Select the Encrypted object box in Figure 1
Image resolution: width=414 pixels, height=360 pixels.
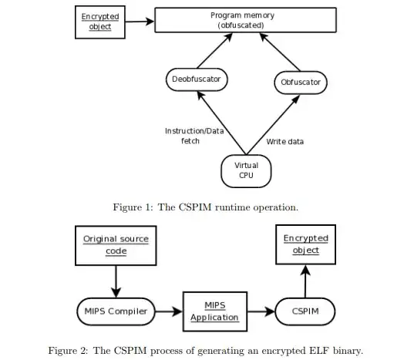[96, 22]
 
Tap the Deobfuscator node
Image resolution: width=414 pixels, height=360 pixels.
[197, 79]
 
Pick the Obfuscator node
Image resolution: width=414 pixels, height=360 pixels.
[299, 82]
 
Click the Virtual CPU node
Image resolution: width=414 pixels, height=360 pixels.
[246, 170]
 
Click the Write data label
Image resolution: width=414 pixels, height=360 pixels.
[285, 141]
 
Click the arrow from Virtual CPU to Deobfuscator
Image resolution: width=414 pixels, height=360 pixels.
[222, 123]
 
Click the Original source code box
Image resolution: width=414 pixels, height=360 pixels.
[116, 244]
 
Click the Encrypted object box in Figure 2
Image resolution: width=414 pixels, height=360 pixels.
[305, 244]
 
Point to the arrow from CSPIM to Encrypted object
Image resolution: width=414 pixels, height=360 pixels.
[305, 279]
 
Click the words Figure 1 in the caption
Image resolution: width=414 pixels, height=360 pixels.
[136, 207]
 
